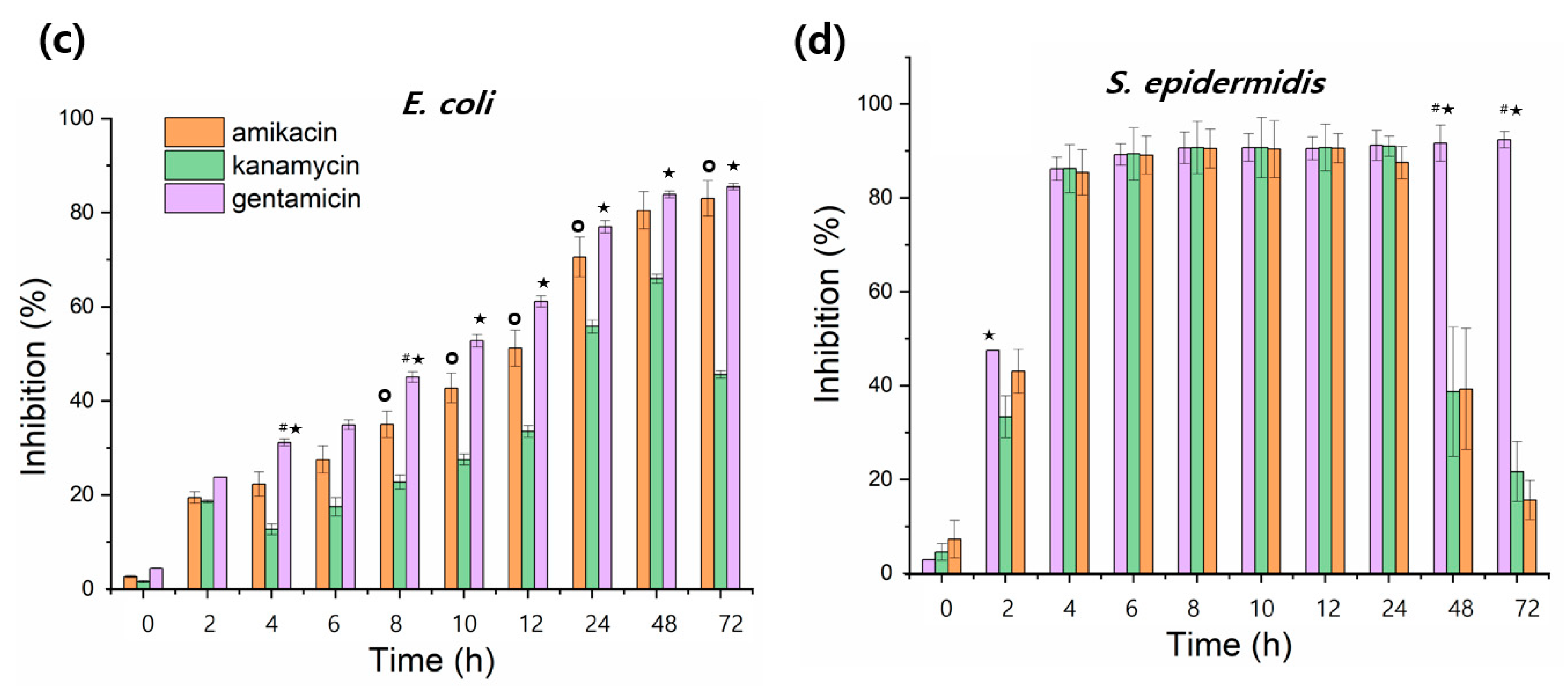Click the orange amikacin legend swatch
pos(194,132)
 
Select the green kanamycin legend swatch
pos(194,165)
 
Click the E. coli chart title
pos(448,103)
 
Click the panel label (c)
pos(61,41)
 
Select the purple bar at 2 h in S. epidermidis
pos(992,462)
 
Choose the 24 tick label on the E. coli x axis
pos(598,623)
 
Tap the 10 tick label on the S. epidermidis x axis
pos(1261,608)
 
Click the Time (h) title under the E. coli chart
pos(432,661)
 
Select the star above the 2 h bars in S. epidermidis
pos(989,335)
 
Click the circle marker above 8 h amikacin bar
pos(385,395)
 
